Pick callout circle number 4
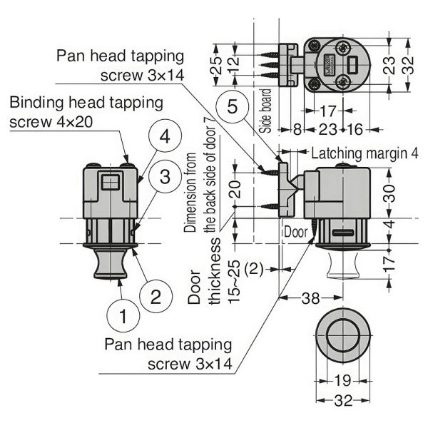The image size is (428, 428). (163, 138)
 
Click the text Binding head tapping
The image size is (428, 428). (86, 103)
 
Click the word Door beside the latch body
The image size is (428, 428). (295, 233)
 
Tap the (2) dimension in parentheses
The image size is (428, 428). (255, 269)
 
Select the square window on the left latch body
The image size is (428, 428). (109, 183)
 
